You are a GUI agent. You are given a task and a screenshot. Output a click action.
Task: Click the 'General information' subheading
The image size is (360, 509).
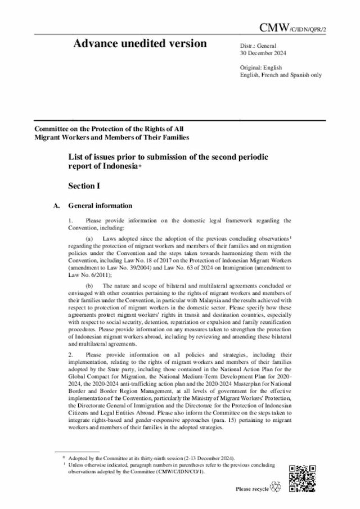pyautogui.click(x=100, y=206)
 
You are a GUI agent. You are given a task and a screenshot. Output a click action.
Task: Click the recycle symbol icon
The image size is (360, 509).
pyautogui.click(x=276, y=487)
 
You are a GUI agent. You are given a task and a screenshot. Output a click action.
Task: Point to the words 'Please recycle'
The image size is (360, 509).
pyautogui.click(x=252, y=489)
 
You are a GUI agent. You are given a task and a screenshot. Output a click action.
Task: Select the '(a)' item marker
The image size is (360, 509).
pyautogui.click(x=89, y=240)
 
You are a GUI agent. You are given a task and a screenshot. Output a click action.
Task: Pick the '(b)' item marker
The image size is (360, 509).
pyautogui.click(x=89, y=287)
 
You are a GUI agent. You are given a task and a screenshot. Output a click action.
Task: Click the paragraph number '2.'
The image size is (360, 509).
pyautogui.click(x=70, y=355)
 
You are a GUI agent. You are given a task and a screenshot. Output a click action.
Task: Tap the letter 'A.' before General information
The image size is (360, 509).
pyautogui.click(x=56, y=206)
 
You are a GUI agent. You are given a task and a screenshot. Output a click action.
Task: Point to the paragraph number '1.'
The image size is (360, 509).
pyautogui.click(x=70, y=220)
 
